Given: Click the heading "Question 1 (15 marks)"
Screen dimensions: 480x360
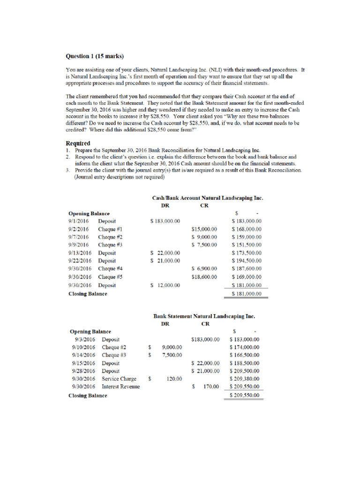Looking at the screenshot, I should (94, 56).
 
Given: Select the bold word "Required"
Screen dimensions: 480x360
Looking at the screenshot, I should (78, 143).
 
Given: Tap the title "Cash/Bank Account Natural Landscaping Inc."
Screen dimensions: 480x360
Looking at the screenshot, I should (208, 198).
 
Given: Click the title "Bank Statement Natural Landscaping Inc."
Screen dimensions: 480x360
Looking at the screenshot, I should (204, 316).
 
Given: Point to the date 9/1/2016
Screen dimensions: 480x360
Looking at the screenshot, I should (78, 221).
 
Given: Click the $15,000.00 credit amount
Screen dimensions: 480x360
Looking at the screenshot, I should (204, 229).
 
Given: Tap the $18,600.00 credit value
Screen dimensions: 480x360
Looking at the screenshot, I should (204, 277).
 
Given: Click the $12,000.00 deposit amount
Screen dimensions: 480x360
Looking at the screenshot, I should (165, 285).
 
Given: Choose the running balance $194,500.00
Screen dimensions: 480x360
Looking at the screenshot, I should (247, 261).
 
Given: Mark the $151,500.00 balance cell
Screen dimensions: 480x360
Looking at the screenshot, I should (247, 245).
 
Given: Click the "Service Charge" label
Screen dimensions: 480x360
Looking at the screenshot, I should (119, 379).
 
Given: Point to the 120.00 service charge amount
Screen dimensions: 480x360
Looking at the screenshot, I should (174, 379).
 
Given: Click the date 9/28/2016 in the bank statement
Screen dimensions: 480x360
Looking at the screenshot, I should (83, 371).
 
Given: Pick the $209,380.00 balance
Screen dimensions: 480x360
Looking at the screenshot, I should (244, 379).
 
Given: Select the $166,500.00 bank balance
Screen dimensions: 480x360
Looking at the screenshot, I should (244, 355).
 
